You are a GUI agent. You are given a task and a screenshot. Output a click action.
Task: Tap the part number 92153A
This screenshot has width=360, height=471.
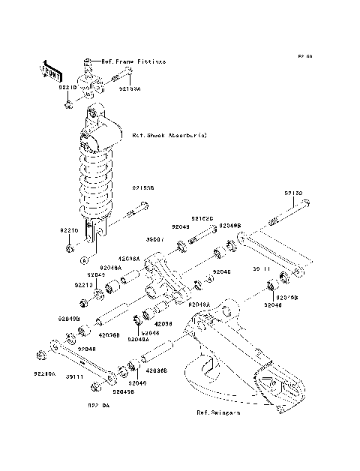(129, 87)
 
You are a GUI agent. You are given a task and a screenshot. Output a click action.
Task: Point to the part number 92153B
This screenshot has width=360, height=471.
(143, 189)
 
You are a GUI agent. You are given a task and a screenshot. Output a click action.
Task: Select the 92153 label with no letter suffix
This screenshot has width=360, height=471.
(292, 193)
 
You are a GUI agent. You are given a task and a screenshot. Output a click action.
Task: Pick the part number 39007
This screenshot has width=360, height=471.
(154, 240)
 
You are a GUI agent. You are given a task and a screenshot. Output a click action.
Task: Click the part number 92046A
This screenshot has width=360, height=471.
(109, 267)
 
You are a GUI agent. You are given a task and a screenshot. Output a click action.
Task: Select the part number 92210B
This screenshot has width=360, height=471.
(289, 298)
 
